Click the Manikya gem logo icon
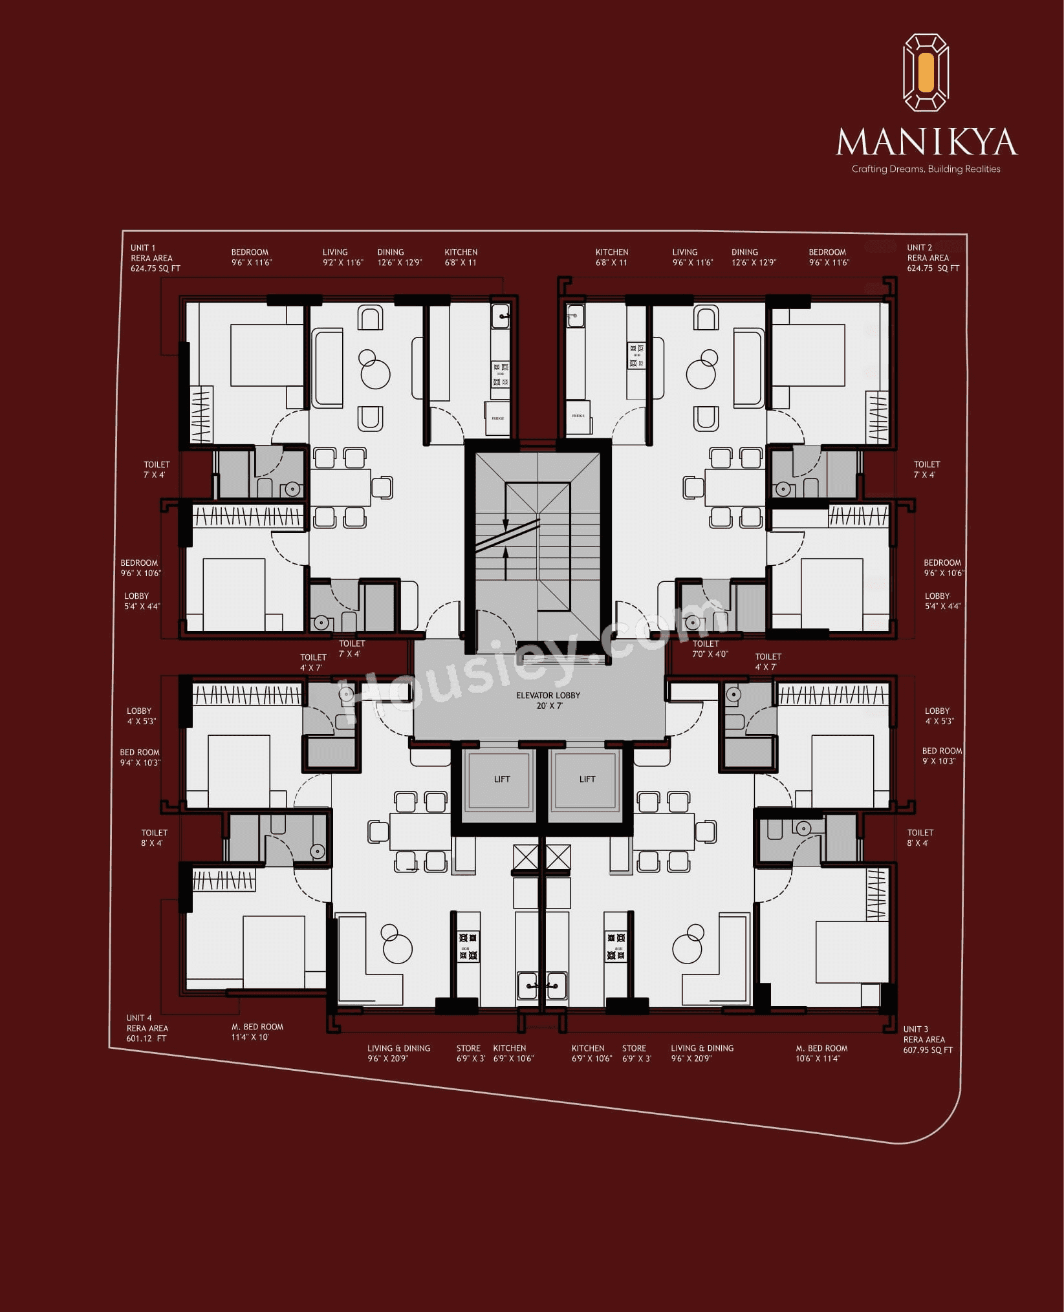[x=926, y=72]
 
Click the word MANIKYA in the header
[x=926, y=142]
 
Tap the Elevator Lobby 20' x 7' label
[x=548, y=700]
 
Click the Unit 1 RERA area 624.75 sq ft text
[x=155, y=258]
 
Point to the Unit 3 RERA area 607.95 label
[x=928, y=1039]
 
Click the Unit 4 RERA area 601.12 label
[x=147, y=1028]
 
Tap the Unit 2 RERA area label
[x=932, y=258]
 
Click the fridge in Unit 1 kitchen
[x=498, y=418]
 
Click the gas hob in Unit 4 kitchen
[x=468, y=946]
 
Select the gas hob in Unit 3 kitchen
[x=616, y=946]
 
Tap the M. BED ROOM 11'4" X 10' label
[x=257, y=1031]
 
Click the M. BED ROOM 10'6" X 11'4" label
[x=821, y=1053]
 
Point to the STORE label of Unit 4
[x=469, y=1053]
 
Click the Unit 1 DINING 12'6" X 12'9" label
[x=398, y=257]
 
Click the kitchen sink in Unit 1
[x=500, y=316]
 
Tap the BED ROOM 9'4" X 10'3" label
[x=140, y=757]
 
